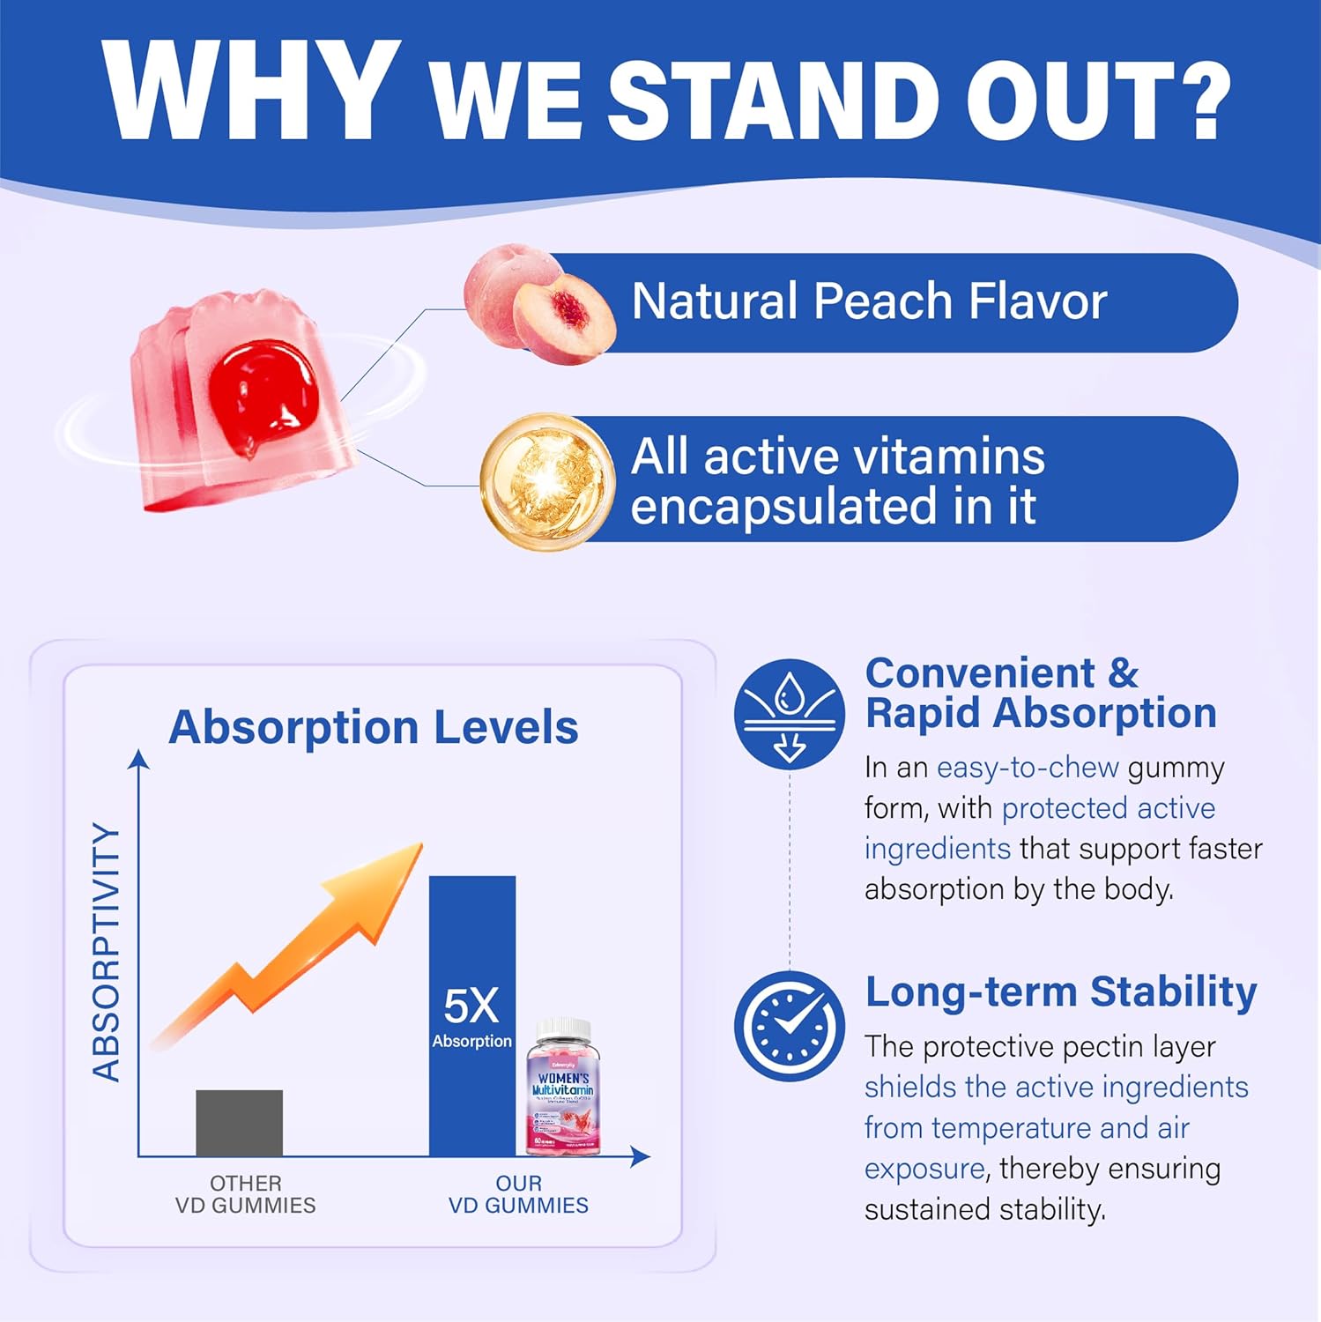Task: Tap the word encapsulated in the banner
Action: coord(783,507)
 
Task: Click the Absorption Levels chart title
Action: coord(373,727)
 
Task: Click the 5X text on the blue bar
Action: coord(471,1006)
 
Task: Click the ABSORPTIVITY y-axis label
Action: coord(108,952)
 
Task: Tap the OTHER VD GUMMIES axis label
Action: coord(245,1194)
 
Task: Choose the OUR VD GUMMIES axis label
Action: coord(518,1194)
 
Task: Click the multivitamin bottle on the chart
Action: coord(560,1088)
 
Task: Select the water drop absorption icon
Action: coord(789,713)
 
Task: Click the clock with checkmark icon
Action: coord(789,1026)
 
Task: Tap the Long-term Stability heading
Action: coord(1060,991)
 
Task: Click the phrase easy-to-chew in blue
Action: coord(1027,768)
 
